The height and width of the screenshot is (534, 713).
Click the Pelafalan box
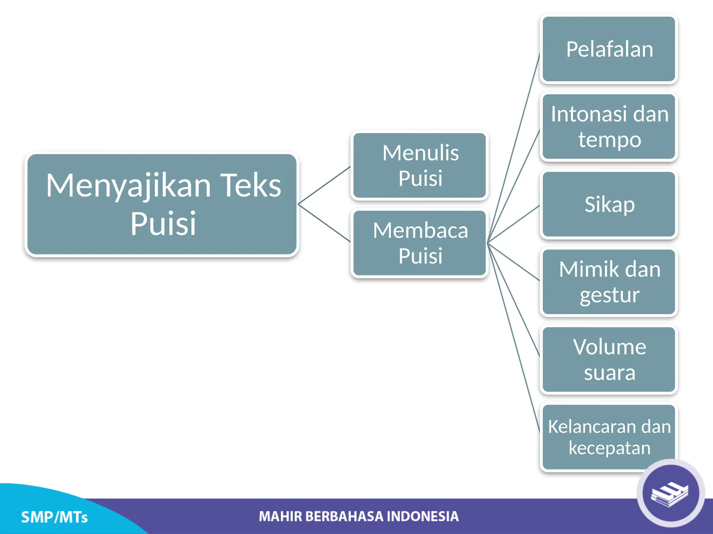(609, 49)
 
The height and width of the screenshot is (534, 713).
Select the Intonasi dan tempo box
(609, 127)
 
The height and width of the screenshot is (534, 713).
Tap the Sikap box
(609, 204)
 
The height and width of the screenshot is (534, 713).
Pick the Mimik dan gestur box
(609, 282)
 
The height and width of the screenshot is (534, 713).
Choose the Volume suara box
(609, 359)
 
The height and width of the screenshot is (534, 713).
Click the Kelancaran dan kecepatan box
(609, 437)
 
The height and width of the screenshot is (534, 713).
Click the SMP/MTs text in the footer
(54, 517)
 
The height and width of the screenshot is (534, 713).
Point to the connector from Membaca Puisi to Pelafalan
(514, 148)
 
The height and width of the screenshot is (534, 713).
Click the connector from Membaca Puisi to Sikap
(514, 224)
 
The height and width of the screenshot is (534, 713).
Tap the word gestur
(609, 296)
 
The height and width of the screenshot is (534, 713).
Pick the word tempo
(609, 140)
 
